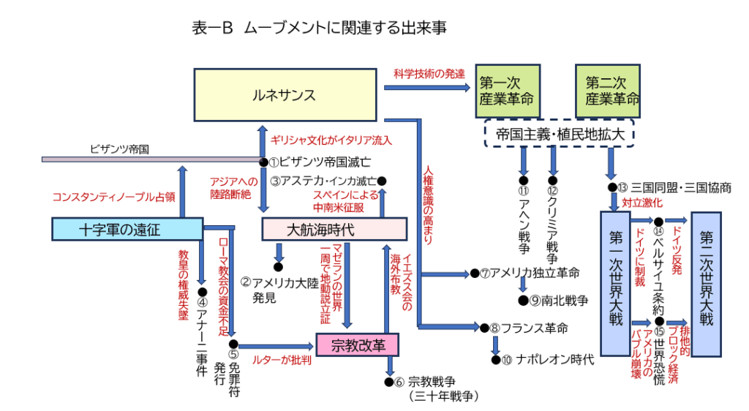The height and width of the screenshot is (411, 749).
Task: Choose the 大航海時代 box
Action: [x=334, y=229]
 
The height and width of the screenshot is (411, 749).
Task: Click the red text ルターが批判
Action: [x=282, y=360]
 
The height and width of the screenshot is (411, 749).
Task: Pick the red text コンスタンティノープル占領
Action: [x=113, y=197]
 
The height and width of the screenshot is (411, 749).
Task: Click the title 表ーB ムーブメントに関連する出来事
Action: [x=318, y=29]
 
